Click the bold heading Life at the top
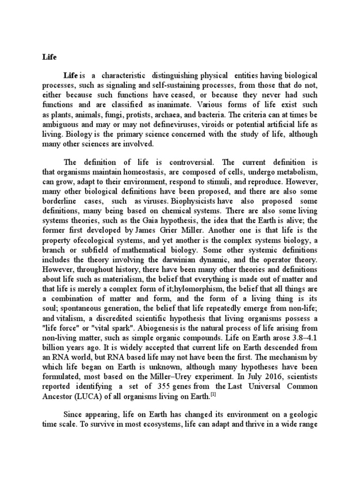[x=48, y=57]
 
